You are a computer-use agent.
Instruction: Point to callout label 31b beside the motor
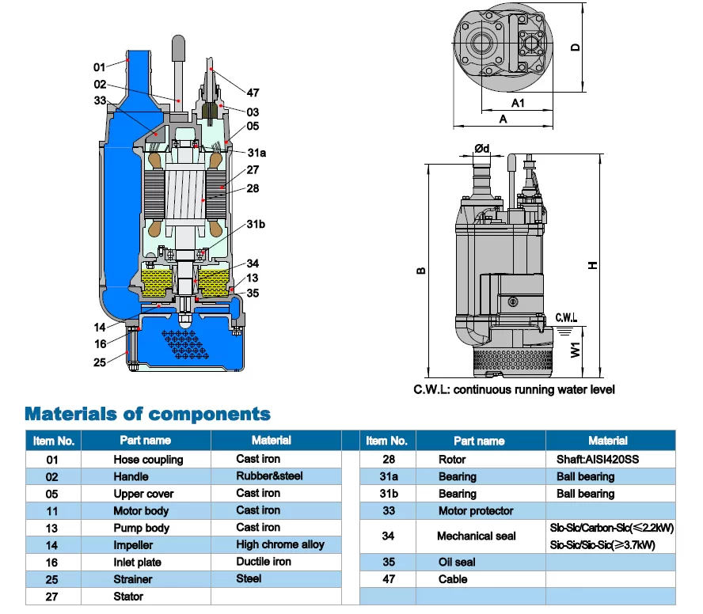tap(255, 225)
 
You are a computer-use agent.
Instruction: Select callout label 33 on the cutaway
tap(100, 100)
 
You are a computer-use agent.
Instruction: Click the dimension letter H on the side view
tap(592, 265)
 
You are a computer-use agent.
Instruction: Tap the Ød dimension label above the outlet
tap(482, 149)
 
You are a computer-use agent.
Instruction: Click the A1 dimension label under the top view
tap(519, 103)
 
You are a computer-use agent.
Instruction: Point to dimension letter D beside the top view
tap(576, 47)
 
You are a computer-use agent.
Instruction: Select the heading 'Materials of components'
tap(147, 414)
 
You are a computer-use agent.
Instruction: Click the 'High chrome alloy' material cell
tap(279, 544)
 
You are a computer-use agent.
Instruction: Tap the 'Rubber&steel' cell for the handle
tap(269, 476)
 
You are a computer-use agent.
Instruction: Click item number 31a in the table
tap(388, 476)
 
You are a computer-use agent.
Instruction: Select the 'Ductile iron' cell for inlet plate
tap(264, 562)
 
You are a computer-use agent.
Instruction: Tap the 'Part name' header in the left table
tap(145, 441)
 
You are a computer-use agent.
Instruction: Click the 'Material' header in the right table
tap(607, 441)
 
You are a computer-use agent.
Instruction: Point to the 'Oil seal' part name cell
tap(457, 562)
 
